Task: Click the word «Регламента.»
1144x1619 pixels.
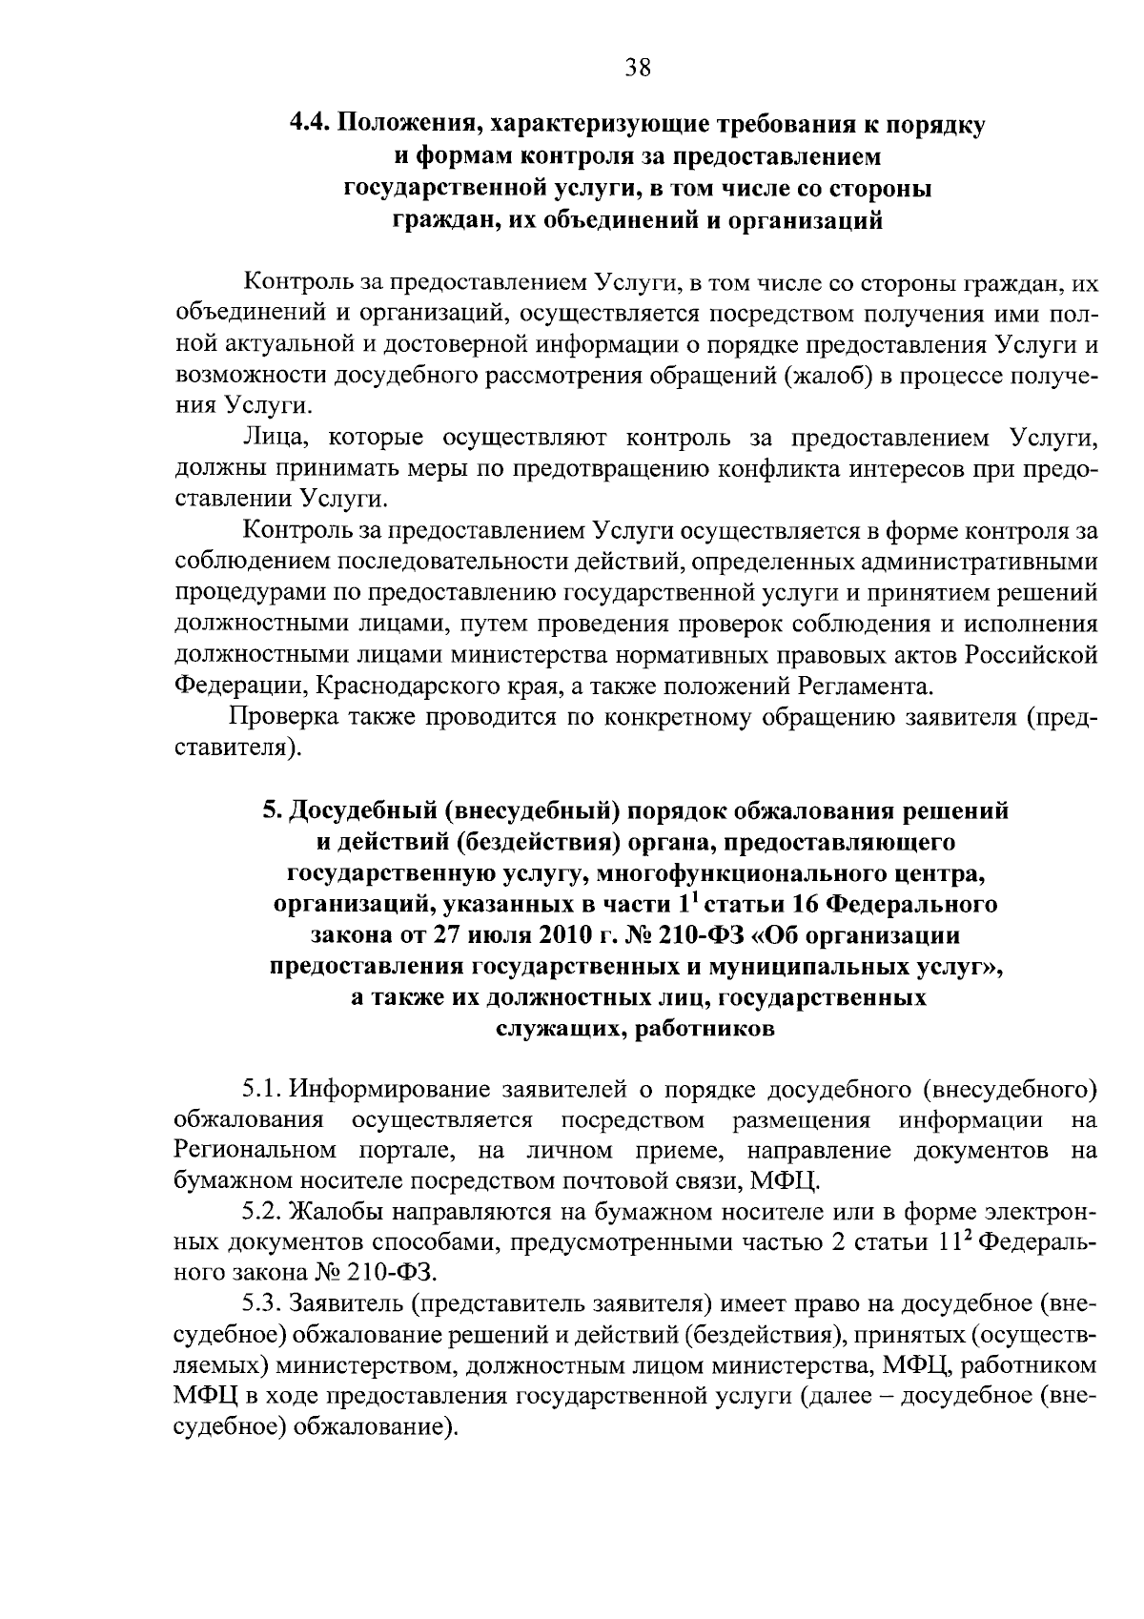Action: coord(864,686)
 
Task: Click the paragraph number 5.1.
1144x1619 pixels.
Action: coord(262,1088)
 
